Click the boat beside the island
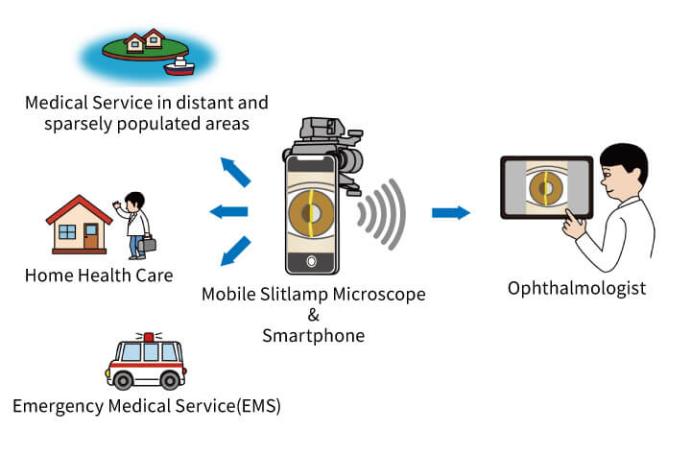click(x=179, y=66)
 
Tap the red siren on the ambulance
click(x=149, y=337)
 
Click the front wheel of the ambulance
click(x=123, y=380)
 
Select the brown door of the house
click(x=91, y=236)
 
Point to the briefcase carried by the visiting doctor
click(x=147, y=244)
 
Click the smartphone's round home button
click(x=312, y=261)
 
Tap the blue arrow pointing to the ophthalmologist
click(x=451, y=212)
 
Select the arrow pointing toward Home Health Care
click(x=228, y=211)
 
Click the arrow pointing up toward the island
click(x=235, y=172)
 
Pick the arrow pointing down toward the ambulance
click(x=235, y=251)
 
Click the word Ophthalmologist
click(x=577, y=289)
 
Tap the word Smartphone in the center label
click(x=313, y=336)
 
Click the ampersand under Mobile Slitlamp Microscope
click(x=313, y=315)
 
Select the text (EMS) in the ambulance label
click(x=258, y=406)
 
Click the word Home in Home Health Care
click(x=49, y=275)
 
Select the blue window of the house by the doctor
click(x=67, y=231)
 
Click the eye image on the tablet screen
click(x=546, y=188)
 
